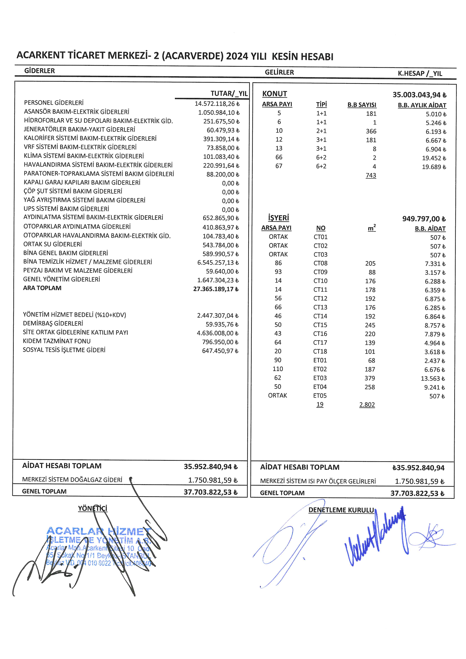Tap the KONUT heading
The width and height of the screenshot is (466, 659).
(274, 94)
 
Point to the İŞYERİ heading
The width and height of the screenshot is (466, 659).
(278, 218)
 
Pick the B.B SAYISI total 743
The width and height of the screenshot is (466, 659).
(371, 175)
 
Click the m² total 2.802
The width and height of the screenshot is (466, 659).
(367, 405)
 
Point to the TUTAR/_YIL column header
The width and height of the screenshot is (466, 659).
(229, 94)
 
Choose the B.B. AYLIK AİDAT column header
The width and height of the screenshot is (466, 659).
(422, 105)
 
